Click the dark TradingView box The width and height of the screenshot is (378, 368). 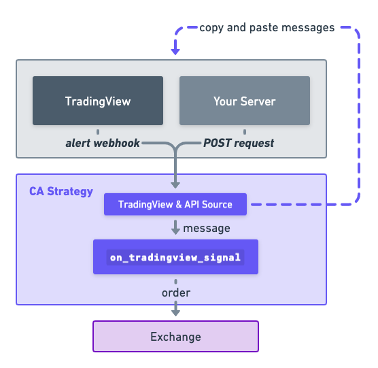pyautogui.click(x=98, y=101)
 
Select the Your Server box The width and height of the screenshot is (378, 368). pyautogui.click(x=245, y=101)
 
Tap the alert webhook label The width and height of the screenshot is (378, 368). pyautogui.click(x=103, y=143)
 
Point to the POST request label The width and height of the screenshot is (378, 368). pyautogui.click(x=239, y=143)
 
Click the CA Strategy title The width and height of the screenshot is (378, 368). pyautogui.click(x=61, y=191)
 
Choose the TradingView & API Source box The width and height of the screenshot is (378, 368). pyautogui.click(x=175, y=204)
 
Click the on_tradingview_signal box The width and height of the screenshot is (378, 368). pyautogui.click(x=175, y=257)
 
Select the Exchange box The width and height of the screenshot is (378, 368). pyautogui.click(x=175, y=337)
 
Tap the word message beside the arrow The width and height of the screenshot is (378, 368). pyautogui.click(x=207, y=229)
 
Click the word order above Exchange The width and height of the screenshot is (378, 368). pyautogui.click(x=176, y=292)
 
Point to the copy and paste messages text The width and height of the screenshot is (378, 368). pyautogui.click(x=267, y=28)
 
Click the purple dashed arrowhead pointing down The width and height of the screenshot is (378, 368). pyautogui.click(x=175, y=52)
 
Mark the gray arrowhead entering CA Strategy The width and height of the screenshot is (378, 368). pyautogui.click(x=175, y=185)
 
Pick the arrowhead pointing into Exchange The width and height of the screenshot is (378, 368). pyautogui.click(x=175, y=313)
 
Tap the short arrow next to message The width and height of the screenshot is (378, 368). pyautogui.click(x=175, y=227)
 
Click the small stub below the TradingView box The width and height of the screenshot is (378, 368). pyautogui.click(x=98, y=132)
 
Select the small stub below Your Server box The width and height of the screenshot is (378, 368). pyautogui.click(x=245, y=132)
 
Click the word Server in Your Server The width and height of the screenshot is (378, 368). pyautogui.click(x=258, y=101)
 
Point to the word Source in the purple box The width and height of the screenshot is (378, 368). pyautogui.click(x=217, y=205)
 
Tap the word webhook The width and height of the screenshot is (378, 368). pyautogui.click(x=117, y=143)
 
